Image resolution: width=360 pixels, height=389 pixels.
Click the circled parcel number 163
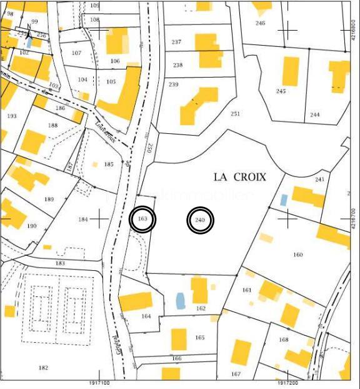click(x=142, y=220)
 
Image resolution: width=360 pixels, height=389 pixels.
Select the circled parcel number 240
click(x=201, y=221)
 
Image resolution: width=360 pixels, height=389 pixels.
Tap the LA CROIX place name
click(x=240, y=177)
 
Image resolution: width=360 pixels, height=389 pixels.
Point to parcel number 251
click(x=235, y=114)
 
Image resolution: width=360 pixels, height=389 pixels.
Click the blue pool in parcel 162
click(x=181, y=301)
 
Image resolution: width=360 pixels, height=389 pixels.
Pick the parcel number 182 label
click(x=43, y=368)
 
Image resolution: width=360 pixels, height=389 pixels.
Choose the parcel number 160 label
click(x=297, y=255)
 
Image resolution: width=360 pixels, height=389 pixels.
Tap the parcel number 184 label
click(x=83, y=219)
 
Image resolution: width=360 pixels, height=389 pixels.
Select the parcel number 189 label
click(x=49, y=199)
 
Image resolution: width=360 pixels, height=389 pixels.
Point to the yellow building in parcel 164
click(x=136, y=301)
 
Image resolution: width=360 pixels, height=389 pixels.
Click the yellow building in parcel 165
click(x=179, y=339)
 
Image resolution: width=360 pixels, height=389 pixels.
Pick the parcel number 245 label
click(x=281, y=91)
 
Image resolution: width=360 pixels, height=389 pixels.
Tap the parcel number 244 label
click(x=314, y=114)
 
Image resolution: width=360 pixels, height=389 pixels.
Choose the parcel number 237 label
click(x=176, y=42)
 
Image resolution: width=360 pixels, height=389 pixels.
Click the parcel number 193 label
click(x=11, y=116)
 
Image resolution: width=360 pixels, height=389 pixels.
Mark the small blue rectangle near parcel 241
click(x=284, y=200)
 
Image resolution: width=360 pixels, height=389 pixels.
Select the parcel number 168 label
click(x=284, y=340)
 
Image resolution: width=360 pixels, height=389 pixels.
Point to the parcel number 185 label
click(x=109, y=164)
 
